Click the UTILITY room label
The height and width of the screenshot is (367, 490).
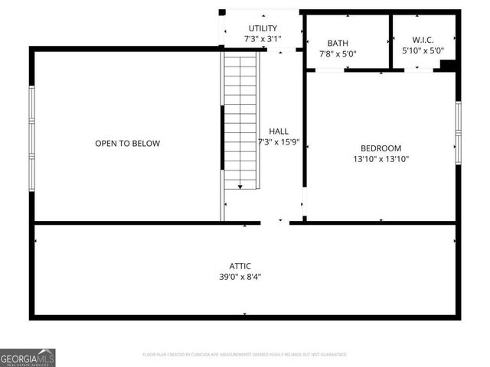click(262, 28)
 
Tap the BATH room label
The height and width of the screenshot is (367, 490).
click(338, 44)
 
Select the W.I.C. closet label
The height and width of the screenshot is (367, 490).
click(423, 40)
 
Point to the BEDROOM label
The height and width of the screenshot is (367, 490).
click(381, 148)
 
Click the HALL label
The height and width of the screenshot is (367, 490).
click(278, 132)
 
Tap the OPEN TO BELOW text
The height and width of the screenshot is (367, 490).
click(127, 143)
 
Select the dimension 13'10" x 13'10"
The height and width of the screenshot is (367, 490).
click(381, 159)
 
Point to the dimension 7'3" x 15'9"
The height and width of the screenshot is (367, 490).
click(278, 142)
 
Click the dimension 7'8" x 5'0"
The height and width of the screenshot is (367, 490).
click(338, 54)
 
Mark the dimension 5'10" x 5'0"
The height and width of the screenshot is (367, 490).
click(423, 50)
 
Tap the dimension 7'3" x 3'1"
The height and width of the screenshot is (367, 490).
click(262, 38)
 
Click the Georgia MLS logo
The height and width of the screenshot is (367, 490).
click(28, 357)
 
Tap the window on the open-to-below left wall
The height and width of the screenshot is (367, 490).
click(32, 138)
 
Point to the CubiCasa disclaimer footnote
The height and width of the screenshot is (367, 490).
click(245, 355)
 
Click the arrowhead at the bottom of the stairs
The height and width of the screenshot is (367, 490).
click(240, 186)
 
